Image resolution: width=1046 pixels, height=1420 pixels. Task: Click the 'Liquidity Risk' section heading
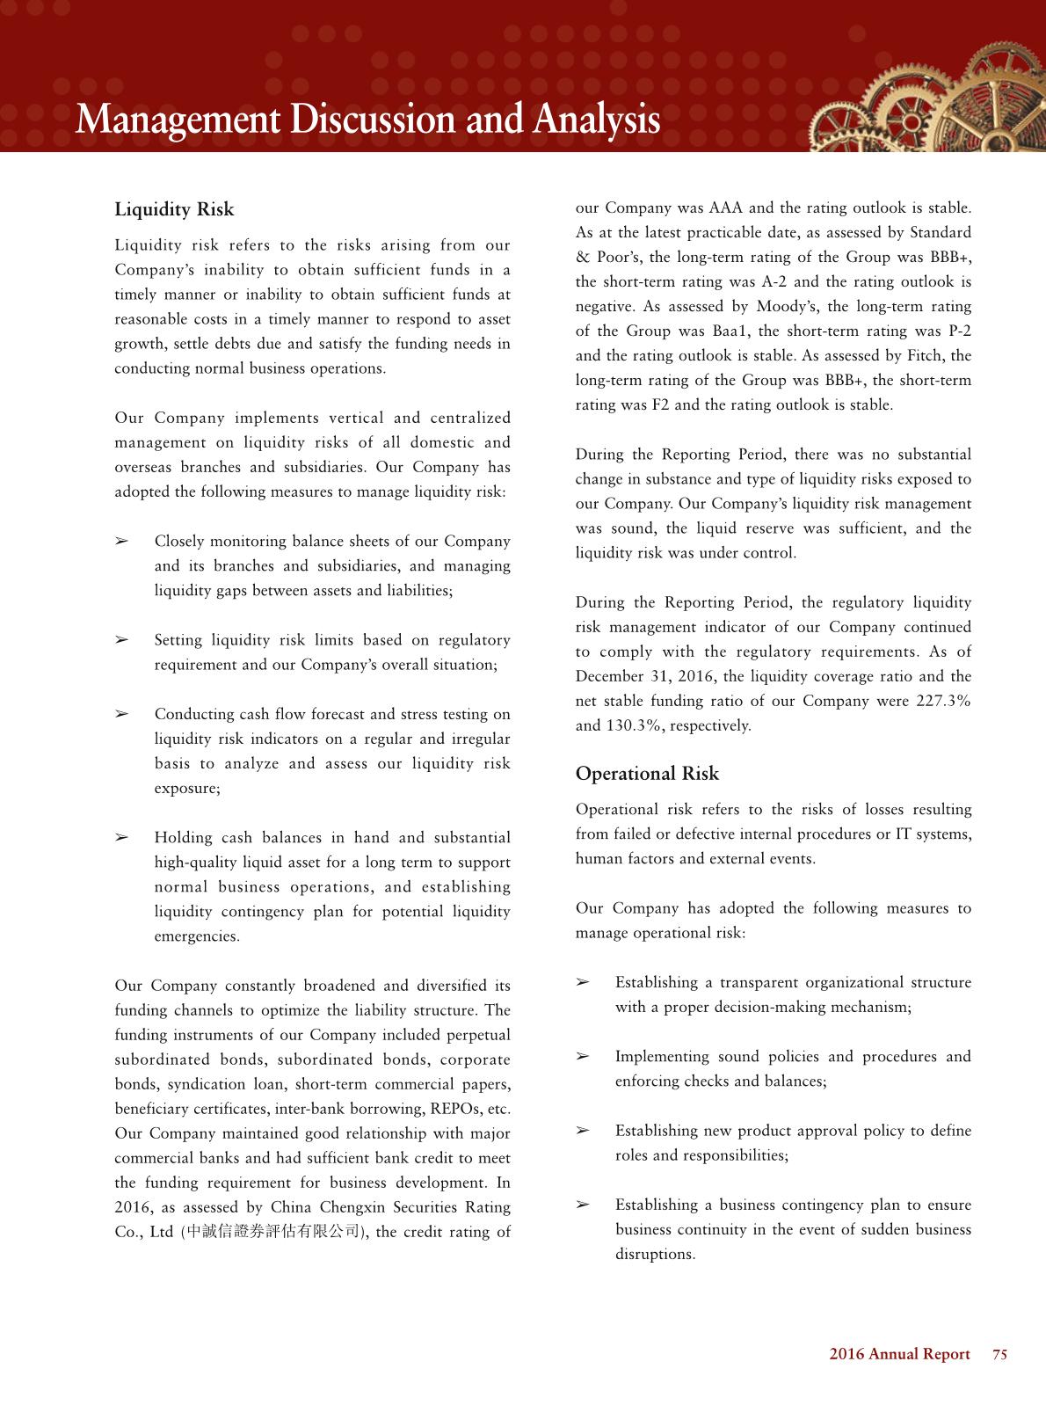coord(174,209)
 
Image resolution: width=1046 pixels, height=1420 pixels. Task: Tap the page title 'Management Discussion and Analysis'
coord(367,120)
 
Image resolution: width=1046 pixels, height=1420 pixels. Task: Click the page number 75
coord(999,1354)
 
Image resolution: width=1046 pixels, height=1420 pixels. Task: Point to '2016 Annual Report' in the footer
coord(899,1354)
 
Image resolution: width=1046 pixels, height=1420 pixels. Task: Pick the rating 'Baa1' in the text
coord(721,331)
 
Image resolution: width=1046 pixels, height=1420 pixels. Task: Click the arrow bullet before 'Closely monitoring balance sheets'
coord(123,542)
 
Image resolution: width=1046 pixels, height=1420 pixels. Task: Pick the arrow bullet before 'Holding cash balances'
coord(123,838)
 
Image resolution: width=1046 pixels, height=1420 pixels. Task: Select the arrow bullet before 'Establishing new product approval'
coord(583,1131)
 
